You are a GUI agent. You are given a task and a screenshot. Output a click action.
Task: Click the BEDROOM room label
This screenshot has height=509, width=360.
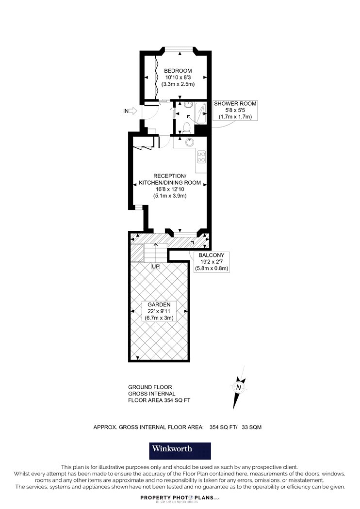pos(178,71)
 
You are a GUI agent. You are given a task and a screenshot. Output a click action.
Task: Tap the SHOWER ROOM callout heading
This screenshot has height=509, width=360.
pos(235,104)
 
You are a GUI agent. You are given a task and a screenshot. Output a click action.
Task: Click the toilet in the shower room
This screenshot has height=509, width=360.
pos(186,127)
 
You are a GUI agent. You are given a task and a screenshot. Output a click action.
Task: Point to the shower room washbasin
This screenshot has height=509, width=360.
pos(188,105)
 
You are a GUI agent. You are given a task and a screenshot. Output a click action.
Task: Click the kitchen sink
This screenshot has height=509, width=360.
pos(189,142)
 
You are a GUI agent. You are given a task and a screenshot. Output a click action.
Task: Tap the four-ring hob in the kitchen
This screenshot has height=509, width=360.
pos(201,157)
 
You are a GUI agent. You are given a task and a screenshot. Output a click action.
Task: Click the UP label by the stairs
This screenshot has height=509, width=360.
pos(156,266)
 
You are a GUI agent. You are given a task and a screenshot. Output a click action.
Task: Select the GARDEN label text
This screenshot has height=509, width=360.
pos(159,304)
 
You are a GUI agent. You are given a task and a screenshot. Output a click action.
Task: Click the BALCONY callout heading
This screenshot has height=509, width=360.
pos(212,255)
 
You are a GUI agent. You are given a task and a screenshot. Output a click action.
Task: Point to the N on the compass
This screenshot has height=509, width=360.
pos(239,387)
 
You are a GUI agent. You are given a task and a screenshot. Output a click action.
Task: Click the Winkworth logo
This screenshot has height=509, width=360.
pos(180,451)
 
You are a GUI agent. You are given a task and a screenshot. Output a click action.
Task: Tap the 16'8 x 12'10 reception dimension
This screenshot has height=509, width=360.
pos(170,189)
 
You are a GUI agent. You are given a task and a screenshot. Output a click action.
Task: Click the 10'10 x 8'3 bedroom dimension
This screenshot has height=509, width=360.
pos(178,77)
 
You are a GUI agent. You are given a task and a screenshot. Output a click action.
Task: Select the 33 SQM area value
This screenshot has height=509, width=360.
pos(251,427)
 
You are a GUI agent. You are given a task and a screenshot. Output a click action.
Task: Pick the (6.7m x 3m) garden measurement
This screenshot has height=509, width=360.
pos(159,318)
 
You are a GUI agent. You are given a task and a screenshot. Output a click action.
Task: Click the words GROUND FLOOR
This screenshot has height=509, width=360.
pos(150,387)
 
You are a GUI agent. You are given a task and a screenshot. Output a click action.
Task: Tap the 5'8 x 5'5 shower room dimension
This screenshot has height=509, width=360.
pos(235,110)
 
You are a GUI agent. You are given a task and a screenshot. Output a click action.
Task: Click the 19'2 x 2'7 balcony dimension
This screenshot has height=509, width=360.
pos(212,262)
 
